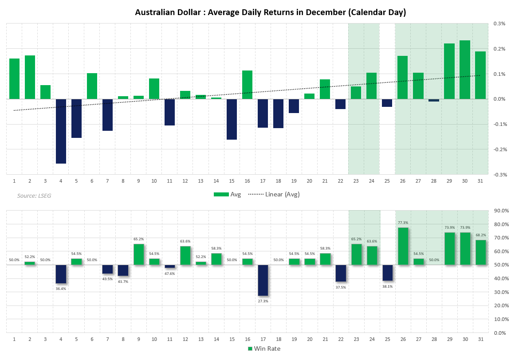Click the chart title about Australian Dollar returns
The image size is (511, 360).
(x=270, y=12)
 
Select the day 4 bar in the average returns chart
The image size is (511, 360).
(x=61, y=131)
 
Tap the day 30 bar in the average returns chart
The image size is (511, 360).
(x=464, y=70)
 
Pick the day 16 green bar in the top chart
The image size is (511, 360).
(x=247, y=85)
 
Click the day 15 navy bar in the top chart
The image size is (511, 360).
(x=232, y=119)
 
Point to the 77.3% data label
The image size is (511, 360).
(x=402, y=223)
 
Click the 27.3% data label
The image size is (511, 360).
(x=263, y=301)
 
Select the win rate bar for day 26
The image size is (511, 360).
(x=402, y=246)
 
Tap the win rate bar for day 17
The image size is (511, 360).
(x=263, y=280)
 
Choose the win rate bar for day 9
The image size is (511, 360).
(x=138, y=254)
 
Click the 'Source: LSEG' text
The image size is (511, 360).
(x=34, y=196)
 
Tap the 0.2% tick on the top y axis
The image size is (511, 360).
(x=499, y=49)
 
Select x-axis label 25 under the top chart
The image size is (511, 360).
(x=387, y=181)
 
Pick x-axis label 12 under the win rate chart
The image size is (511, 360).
(x=185, y=339)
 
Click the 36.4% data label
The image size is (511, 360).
(x=61, y=289)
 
